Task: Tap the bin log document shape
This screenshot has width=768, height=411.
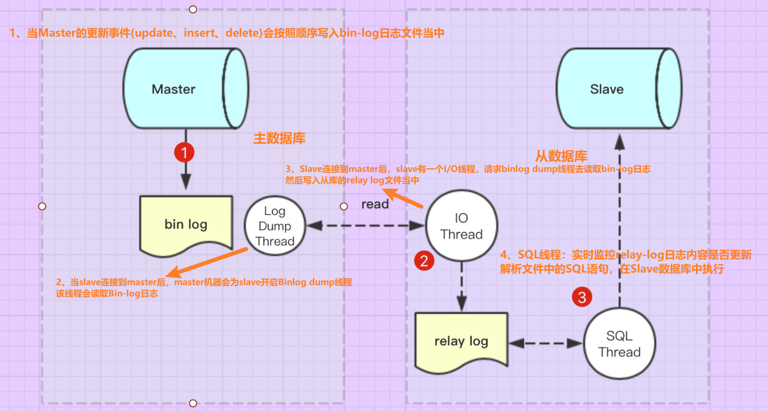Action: tap(186, 224)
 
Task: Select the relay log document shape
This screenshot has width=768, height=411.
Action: tap(461, 341)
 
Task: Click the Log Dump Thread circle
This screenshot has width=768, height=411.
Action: tap(275, 226)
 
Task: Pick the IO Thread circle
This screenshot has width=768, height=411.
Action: tap(461, 226)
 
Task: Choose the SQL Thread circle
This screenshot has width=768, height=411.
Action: tap(619, 344)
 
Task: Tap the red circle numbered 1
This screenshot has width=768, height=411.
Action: tap(185, 153)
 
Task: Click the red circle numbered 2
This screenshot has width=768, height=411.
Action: tap(424, 261)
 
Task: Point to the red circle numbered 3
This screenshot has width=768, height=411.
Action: tap(582, 297)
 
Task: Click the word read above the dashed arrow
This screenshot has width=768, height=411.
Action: tap(375, 204)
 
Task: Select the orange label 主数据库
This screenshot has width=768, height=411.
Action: tap(279, 139)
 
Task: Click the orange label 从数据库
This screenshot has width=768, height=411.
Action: tap(561, 156)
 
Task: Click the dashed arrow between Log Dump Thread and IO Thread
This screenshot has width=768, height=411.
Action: tap(366, 226)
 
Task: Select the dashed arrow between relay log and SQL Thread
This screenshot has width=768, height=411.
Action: tap(546, 343)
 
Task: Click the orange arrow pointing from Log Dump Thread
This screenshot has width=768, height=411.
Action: tap(207, 262)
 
